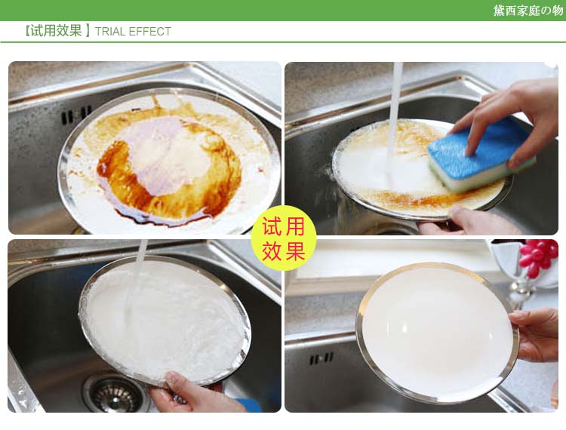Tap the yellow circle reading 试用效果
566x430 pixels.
coord(284,238)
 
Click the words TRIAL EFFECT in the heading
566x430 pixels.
coord(133,32)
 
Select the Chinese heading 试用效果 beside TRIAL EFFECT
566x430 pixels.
coord(57,31)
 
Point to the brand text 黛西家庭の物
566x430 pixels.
coord(528,11)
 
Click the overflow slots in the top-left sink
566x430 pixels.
coord(76,115)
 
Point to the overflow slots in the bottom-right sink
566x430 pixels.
coord(321,358)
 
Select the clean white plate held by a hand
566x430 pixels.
coord(437,333)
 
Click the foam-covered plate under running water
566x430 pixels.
coord(165,322)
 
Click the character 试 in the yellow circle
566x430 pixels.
coord(272,226)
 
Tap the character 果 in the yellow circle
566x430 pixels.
coord(295,250)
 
